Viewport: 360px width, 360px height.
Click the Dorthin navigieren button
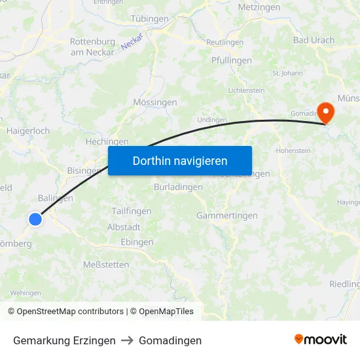point(180,160)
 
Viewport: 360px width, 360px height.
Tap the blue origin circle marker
point(35,219)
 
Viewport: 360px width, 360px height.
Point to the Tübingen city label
point(149,19)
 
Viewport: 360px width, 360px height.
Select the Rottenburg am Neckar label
point(92,46)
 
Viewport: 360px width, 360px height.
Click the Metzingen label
point(259,8)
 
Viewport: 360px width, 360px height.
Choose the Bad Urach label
point(314,40)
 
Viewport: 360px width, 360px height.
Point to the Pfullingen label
point(231,61)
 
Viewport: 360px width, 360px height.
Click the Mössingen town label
point(155,103)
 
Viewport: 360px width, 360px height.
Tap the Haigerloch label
point(28,131)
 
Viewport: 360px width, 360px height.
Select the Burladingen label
point(178,187)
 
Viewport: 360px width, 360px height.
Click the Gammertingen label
point(227,215)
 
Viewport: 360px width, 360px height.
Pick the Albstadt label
point(124,227)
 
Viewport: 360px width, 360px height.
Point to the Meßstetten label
point(105,264)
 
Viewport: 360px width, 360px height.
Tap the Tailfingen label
point(131,211)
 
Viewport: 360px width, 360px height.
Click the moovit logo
point(321,339)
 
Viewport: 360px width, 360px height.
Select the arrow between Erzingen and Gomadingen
point(127,340)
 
